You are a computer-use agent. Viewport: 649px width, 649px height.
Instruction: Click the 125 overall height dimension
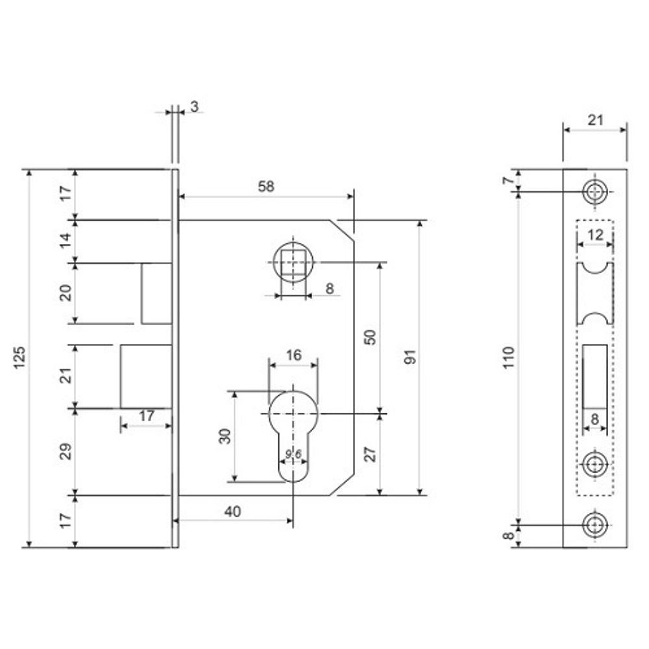point(19,358)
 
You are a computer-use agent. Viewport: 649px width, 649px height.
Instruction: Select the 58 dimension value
point(266,186)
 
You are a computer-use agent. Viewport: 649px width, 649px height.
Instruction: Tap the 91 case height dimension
point(410,358)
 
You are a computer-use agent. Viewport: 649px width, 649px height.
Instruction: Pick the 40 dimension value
point(232,511)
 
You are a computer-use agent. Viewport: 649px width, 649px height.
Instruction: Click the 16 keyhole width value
point(293,355)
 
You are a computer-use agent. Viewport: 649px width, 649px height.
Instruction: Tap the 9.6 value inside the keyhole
point(293,454)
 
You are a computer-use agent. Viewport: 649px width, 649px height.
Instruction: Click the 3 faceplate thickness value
point(194,106)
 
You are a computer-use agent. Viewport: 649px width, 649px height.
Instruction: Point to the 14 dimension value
point(66,241)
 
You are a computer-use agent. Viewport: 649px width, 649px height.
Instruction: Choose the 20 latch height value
point(66,293)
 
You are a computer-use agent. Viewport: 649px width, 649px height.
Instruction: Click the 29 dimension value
point(66,452)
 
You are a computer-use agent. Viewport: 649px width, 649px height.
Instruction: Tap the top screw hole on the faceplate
point(594,191)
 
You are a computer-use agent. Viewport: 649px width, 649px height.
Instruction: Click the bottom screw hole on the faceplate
point(594,524)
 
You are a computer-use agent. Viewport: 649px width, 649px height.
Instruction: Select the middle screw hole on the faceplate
point(594,464)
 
